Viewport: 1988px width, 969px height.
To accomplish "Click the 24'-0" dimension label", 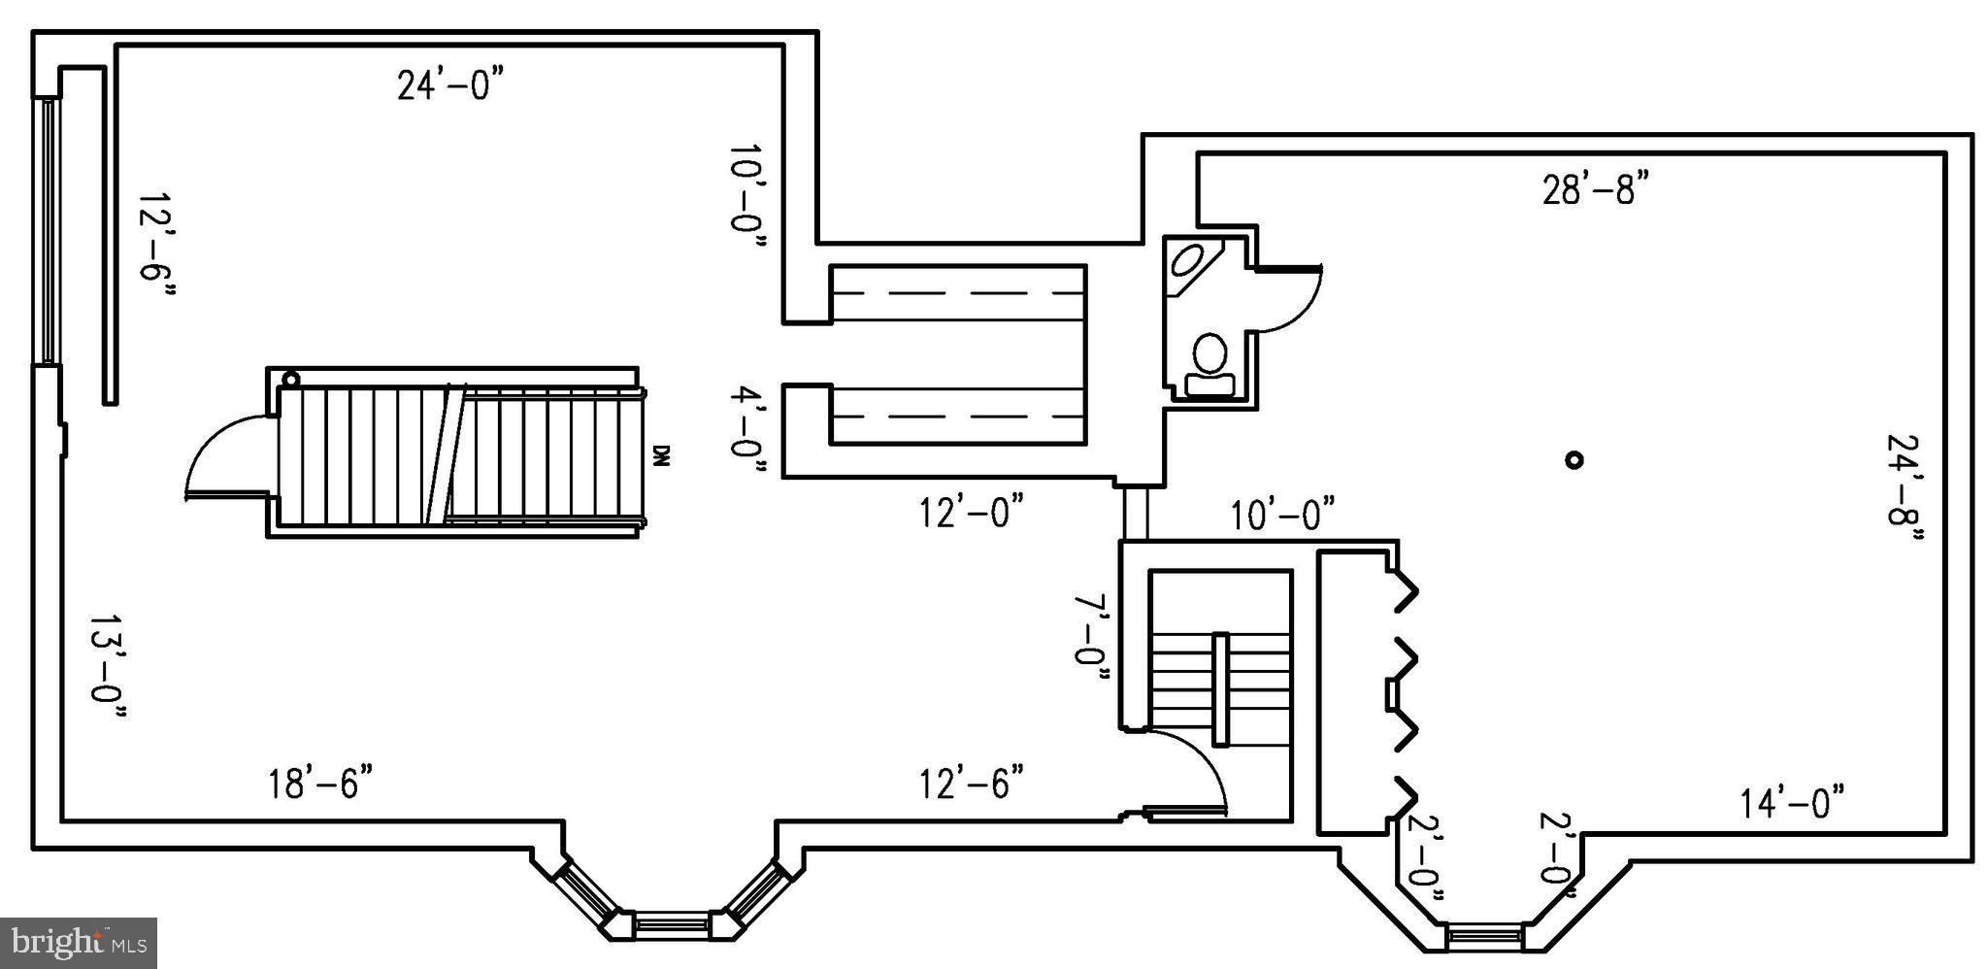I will click(x=450, y=85).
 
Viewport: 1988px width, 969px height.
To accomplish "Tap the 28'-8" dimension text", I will click(x=1595, y=189).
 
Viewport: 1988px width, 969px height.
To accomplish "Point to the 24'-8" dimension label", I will click(x=1905, y=492).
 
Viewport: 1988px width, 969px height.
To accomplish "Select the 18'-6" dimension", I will click(x=320, y=783).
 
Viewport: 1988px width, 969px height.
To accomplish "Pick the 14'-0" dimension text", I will click(x=1791, y=804).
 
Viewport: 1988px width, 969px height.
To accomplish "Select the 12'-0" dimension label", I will click(x=972, y=512).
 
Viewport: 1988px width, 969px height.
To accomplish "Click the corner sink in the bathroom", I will click(x=1188, y=260).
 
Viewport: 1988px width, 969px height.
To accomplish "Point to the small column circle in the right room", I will click(x=1574, y=460).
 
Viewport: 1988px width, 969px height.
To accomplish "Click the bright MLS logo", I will click(x=78, y=942).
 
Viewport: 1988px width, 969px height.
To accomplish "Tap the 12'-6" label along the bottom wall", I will click(x=972, y=783).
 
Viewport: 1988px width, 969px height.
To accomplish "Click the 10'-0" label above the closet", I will click(x=1282, y=515).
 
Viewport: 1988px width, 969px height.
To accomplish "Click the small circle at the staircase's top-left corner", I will click(x=290, y=380).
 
